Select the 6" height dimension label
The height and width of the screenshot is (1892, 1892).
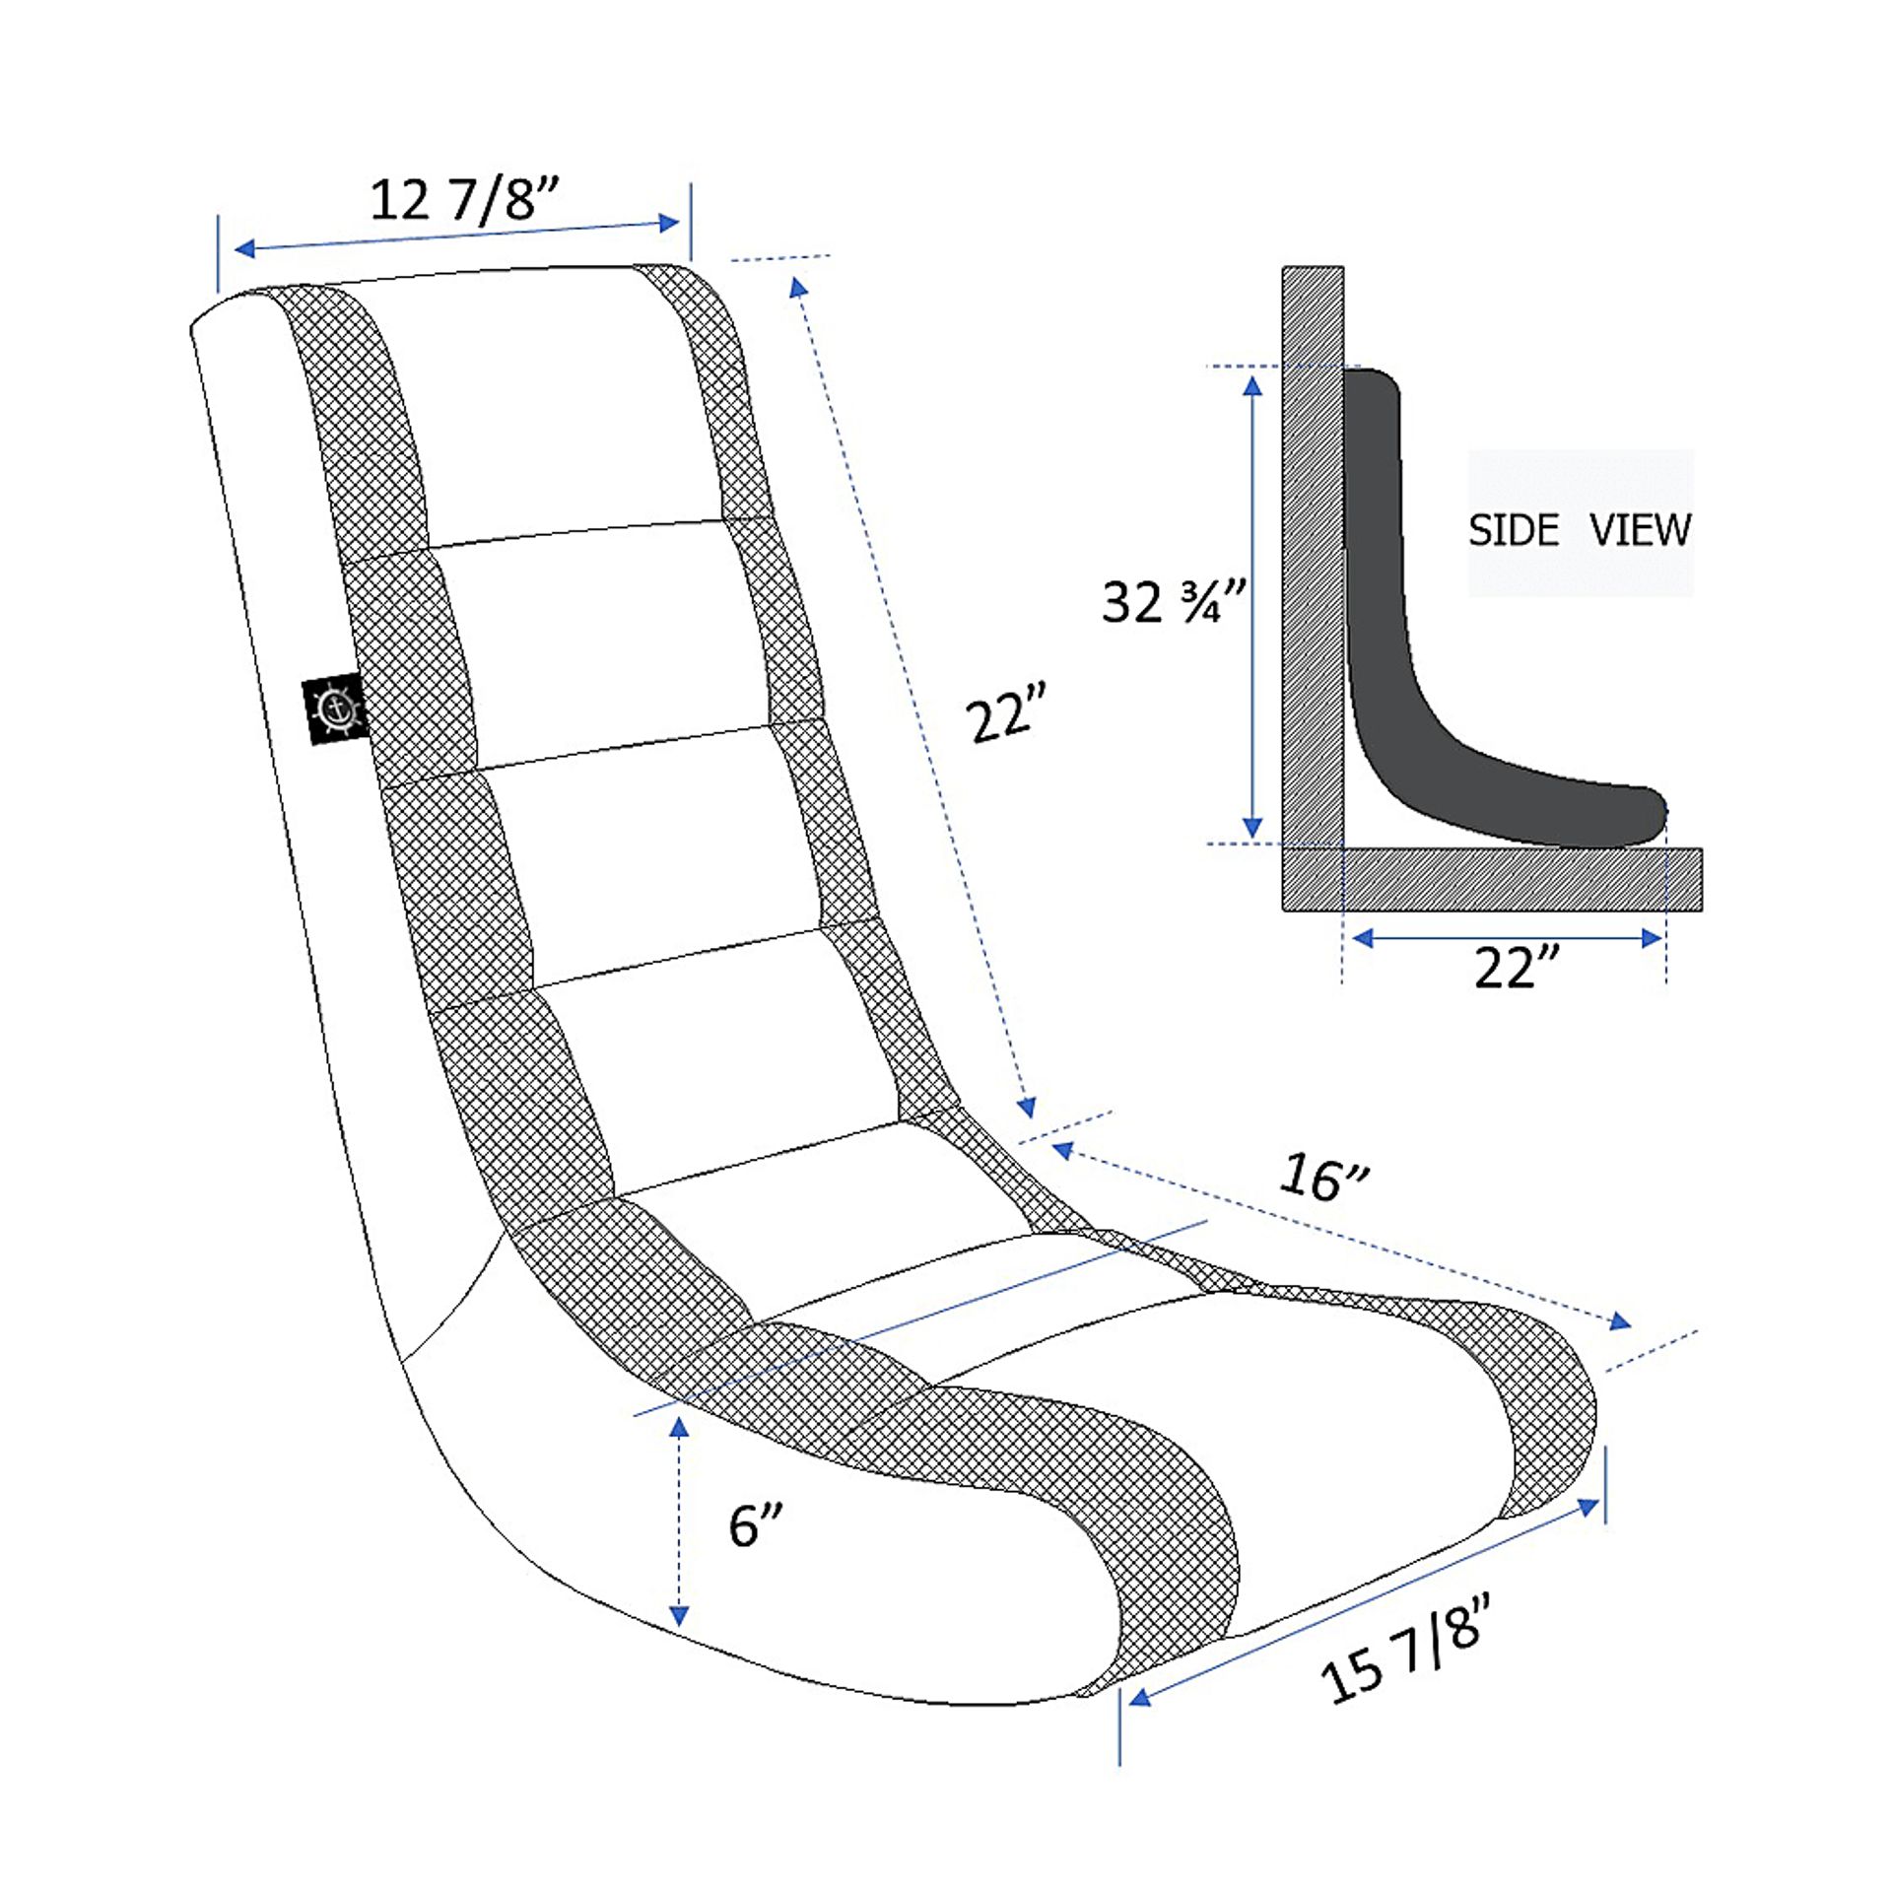tap(756, 1525)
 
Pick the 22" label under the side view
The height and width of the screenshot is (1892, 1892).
tap(1518, 967)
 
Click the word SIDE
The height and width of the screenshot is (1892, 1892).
tap(1514, 531)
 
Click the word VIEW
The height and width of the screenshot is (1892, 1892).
tap(1641, 530)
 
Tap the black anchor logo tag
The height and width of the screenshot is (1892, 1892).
tap(335, 709)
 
